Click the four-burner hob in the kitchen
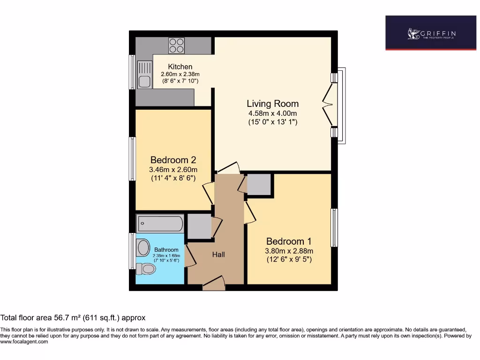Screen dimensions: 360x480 177,45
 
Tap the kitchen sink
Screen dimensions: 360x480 144,75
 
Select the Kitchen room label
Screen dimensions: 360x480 180,67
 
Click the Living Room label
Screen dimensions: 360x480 272,104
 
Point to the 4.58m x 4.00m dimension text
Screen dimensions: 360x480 272,113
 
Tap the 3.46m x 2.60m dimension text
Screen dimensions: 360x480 173,170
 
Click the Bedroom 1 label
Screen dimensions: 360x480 289,241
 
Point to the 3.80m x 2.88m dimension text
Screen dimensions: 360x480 289,251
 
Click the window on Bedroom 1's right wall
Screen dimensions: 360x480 334,227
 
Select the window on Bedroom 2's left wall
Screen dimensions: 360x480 133,158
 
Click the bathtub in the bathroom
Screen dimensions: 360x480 160,224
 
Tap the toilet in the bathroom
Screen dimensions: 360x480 146,269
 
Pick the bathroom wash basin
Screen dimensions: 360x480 143,247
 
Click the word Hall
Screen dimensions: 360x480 218,255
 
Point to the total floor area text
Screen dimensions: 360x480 73,318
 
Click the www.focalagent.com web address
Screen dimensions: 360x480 24,342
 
